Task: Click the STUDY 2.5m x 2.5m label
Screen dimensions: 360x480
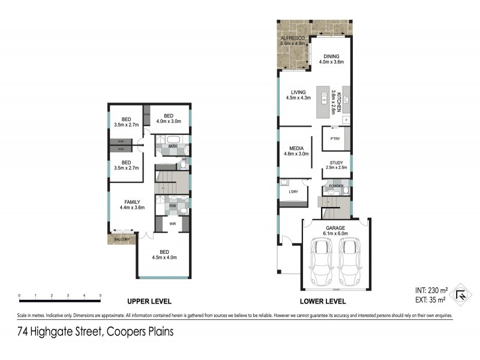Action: [335, 164]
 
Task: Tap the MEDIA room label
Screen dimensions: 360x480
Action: [296, 151]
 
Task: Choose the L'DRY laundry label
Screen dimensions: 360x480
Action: [294, 191]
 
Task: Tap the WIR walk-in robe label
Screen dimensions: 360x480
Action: [172, 224]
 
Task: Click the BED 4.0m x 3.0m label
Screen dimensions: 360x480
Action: [169, 119]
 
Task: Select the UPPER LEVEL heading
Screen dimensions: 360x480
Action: [149, 301]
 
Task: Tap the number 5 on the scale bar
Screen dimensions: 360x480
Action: [100, 296]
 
